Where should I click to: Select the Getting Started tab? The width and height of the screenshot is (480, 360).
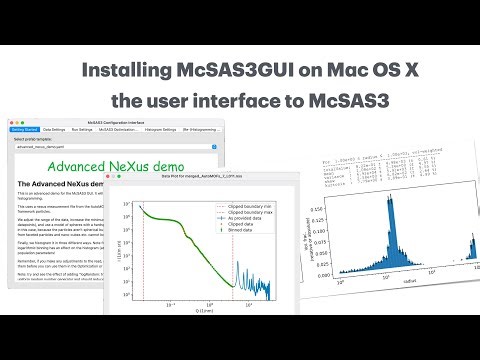tap(23, 129)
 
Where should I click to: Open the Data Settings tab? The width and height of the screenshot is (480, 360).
tap(56, 129)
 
